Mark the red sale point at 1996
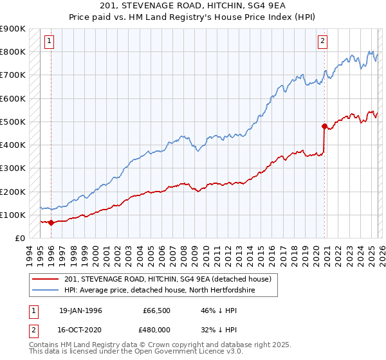(51, 222)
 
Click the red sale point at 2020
(324, 126)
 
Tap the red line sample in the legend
(45, 279)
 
